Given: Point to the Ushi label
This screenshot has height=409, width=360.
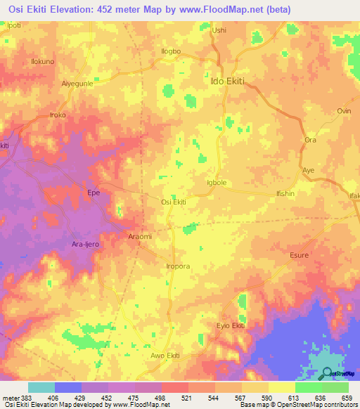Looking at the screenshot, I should click(220, 30).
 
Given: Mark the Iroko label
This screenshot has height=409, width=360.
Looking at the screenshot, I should click(57, 115).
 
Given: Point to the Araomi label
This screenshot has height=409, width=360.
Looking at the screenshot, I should click(139, 237).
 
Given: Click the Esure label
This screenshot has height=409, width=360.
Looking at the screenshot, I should click(300, 255).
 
